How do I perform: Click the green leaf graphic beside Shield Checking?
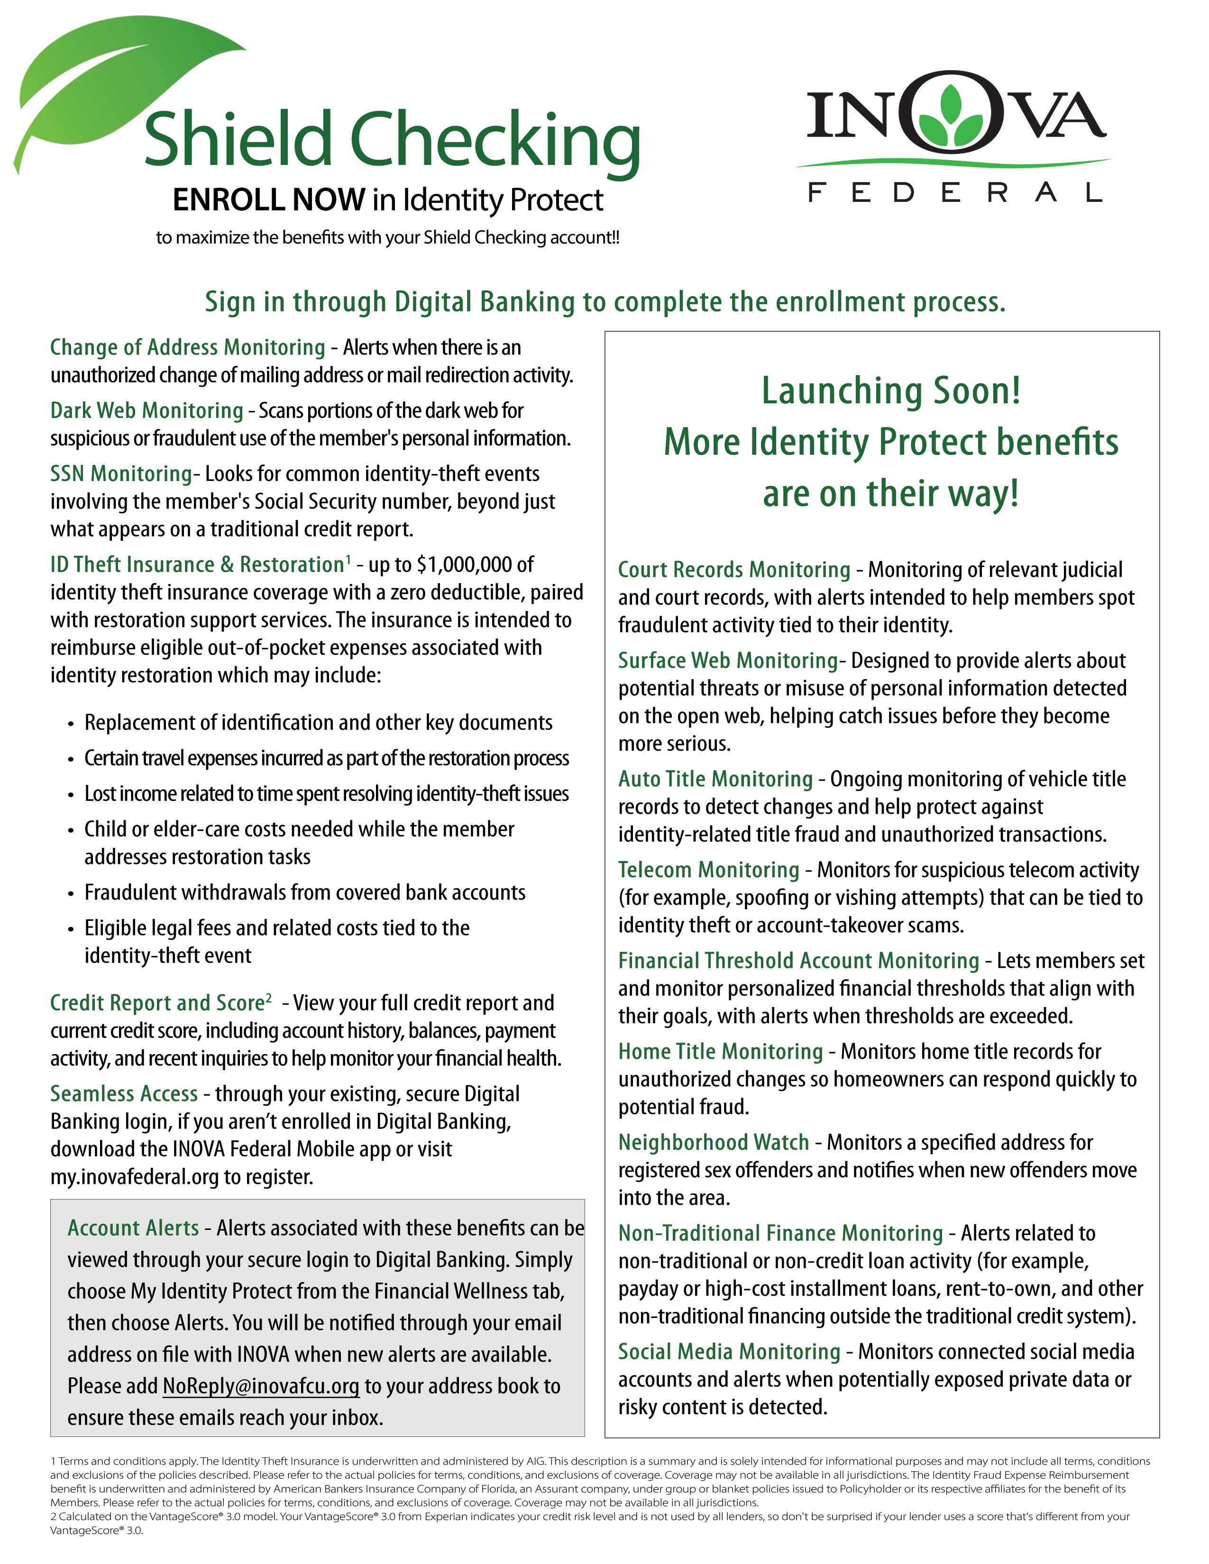tap(108, 86)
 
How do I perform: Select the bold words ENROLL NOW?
tap(268, 200)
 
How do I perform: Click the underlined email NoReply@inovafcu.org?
tap(261, 1386)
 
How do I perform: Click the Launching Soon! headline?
tap(890, 391)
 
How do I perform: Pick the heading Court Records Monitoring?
tap(734, 569)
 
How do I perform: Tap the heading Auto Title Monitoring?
tap(715, 778)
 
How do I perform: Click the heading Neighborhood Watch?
tap(714, 1142)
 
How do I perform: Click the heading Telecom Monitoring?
tap(708, 869)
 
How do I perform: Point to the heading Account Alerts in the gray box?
tap(133, 1228)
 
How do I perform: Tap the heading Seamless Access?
tap(124, 1093)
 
